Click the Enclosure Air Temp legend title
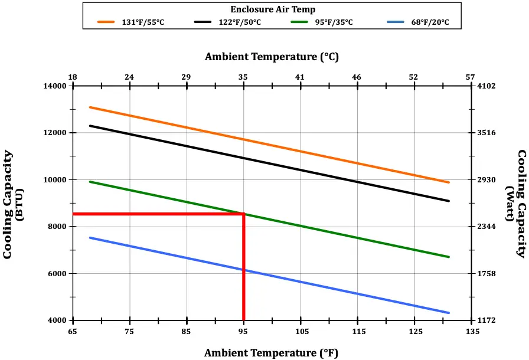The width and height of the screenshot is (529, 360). click(x=272, y=9)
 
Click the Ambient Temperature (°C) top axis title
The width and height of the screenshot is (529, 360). click(x=272, y=57)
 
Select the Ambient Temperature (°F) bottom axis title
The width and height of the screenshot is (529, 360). click(x=271, y=353)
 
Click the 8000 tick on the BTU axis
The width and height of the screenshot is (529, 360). click(x=60, y=227)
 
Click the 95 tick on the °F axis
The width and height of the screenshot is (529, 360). click(x=243, y=331)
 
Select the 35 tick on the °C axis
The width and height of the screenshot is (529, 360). click(x=243, y=77)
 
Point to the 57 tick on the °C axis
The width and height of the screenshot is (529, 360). click(x=471, y=77)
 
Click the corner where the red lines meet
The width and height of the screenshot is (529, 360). click(x=243, y=214)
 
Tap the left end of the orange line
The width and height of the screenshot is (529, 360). click(x=90, y=107)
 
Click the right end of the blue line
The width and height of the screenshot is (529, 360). click(x=449, y=313)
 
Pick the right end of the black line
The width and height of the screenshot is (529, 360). click(x=449, y=201)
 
